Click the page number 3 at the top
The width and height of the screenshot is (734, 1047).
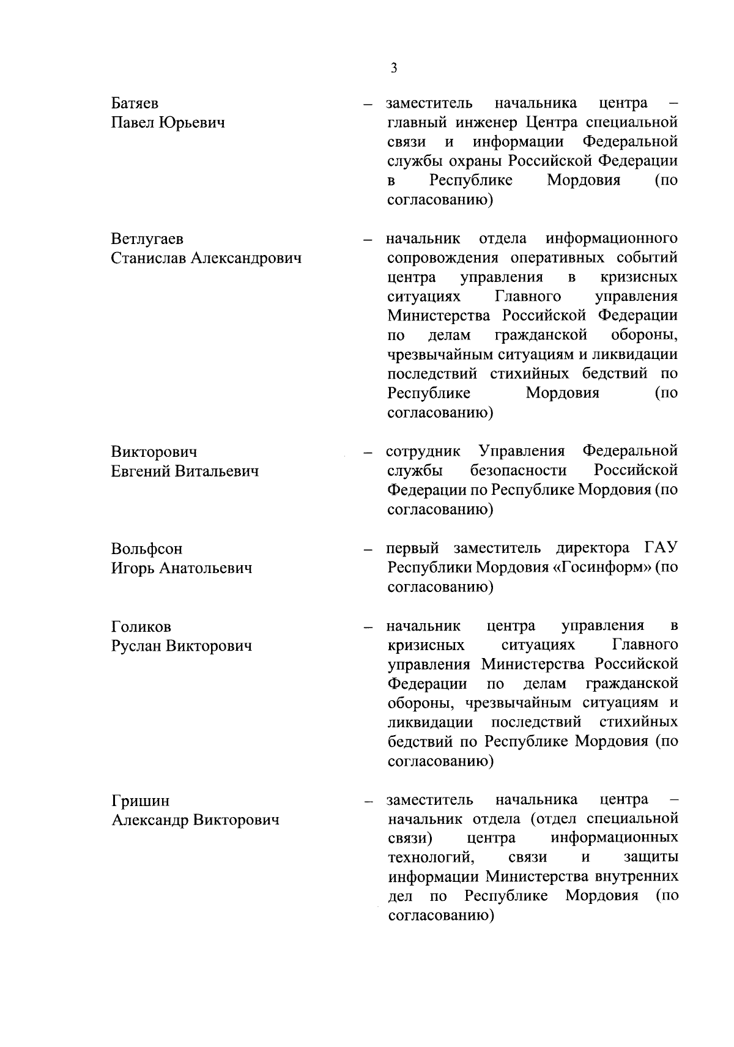coord(393,68)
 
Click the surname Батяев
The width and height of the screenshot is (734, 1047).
coord(135,103)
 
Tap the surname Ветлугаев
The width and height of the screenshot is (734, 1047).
coord(147,239)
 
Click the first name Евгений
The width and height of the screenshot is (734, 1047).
coord(140,472)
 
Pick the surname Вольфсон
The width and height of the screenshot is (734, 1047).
coord(147,549)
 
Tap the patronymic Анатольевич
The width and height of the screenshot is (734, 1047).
coord(206,568)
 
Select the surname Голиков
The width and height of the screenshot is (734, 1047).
coord(141,627)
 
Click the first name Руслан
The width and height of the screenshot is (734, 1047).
coord(136,646)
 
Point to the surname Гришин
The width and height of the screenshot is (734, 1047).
coord(141,801)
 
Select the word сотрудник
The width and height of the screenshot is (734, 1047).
coord(424,452)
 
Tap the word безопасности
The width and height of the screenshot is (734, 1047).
coord(519,471)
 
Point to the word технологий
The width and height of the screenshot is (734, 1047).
coord(432,858)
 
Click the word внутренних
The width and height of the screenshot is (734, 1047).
coord(637,878)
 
